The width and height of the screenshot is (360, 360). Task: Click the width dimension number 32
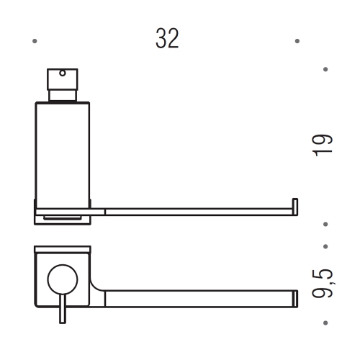point(167,39)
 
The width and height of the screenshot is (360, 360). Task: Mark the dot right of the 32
point(297,40)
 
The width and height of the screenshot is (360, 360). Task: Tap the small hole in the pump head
point(62,73)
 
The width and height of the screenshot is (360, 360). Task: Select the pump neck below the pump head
point(62,94)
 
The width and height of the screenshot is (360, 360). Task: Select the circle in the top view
point(61,277)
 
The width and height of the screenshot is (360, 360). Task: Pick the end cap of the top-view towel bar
point(294,296)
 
